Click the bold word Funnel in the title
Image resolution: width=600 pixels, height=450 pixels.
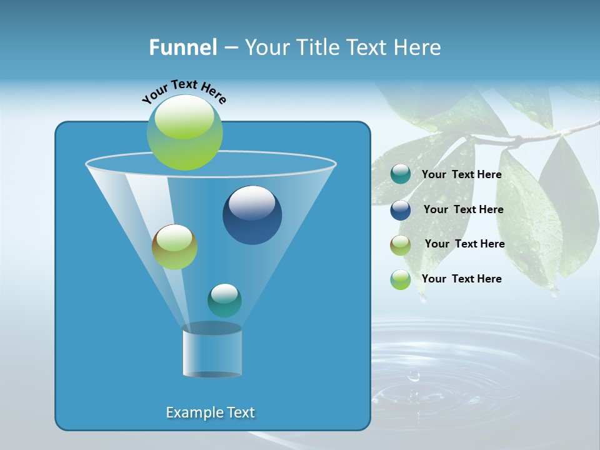click(182, 47)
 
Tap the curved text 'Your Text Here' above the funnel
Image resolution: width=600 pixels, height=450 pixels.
click(184, 91)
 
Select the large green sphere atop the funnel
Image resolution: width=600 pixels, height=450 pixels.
click(185, 132)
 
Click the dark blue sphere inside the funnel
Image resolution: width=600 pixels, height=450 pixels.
click(252, 215)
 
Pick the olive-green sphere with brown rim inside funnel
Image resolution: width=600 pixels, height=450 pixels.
click(174, 247)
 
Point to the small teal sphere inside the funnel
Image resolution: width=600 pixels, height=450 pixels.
click(224, 300)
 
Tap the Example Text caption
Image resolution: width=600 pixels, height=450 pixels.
click(210, 412)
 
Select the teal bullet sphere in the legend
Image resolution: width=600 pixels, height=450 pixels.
click(401, 174)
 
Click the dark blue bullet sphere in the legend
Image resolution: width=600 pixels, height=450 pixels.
click(401, 210)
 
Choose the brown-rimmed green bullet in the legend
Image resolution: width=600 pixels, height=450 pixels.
click(401, 244)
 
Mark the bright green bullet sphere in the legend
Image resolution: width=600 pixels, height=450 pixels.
click(401, 279)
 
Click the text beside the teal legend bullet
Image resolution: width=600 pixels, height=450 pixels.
click(461, 174)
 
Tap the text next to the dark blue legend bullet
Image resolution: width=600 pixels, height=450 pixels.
click(463, 209)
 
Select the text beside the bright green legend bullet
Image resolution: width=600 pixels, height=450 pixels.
click(461, 279)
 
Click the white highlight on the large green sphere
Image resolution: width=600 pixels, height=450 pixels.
click(184, 119)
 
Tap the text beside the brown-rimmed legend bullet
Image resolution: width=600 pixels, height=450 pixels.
click(464, 244)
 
